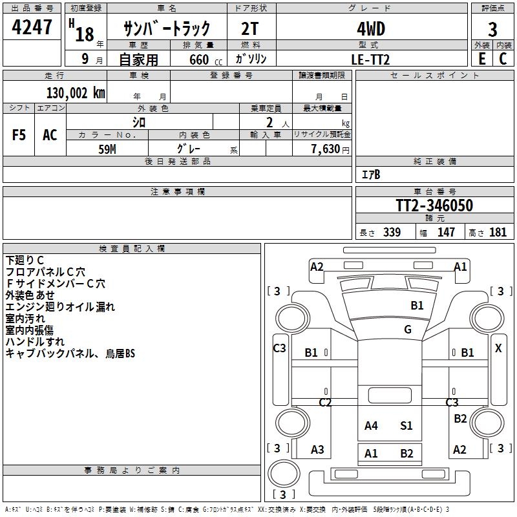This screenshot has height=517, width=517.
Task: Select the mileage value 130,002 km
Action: [x=76, y=93]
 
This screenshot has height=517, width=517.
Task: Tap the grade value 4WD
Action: [x=371, y=28]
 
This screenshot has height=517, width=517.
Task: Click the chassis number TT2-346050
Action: [x=434, y=206]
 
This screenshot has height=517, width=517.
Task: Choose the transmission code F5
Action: [x=19, y=135]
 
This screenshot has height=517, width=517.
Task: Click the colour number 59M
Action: [x=107, y=149]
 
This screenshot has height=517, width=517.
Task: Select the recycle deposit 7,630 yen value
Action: [x=330, y=149]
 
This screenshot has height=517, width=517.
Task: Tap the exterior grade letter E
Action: [x=481, y=59]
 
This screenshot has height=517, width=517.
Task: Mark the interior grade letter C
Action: [x=503, y=59]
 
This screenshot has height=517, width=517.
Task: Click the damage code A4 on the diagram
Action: [x=371, y=425]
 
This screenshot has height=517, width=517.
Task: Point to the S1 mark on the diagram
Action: [x=406, y=425]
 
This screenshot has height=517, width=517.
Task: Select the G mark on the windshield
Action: [x=408, y=330]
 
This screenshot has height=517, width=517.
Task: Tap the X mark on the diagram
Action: [x=498, y=348]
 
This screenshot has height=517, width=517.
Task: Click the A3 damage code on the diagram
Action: [x=317, y=450]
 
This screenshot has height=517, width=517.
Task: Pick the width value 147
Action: [x=446, y=233]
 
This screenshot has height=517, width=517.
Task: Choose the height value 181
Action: [x=498, y=233]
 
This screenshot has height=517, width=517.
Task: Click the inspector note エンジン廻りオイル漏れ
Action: [x=60, y=307]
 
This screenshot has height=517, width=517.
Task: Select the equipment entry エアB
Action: [x=370, y=174]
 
